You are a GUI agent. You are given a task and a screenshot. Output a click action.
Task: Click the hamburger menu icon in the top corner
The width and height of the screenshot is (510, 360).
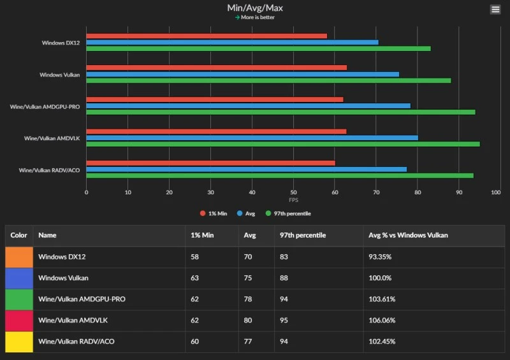(x=495, y=9)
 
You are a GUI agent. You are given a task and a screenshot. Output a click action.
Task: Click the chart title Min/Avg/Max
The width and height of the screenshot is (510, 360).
(x=255, y=8)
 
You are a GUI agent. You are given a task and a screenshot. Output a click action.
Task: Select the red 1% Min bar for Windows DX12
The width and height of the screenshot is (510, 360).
(x=207, y=36)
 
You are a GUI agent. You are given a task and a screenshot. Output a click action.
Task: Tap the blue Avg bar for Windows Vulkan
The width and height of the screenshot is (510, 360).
(x=242, y=74)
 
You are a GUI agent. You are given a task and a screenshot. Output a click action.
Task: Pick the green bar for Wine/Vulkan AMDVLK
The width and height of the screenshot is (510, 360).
(x=283, y=144)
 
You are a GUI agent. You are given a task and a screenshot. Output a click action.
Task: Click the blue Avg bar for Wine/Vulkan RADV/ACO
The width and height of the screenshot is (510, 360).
(x=246, y=169)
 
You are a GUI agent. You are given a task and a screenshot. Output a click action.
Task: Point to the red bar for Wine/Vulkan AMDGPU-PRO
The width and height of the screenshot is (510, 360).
(x=215, y=99)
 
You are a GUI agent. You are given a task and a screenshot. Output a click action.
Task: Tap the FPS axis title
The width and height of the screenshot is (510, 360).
(x=293, y=199)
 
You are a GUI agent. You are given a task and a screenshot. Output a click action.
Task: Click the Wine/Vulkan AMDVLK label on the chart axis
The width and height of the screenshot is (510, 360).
(x=52, y=138)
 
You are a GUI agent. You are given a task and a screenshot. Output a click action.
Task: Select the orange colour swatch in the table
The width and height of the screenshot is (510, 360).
(x=18, y=257)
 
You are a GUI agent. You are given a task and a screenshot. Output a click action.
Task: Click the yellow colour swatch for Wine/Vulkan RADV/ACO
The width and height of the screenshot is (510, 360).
(x=18, y=342)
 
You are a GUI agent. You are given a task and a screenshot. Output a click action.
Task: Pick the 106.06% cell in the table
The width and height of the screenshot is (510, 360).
(x=382, y=320)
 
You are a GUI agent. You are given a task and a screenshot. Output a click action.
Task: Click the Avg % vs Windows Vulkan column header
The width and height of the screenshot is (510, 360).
(x=408, y=235)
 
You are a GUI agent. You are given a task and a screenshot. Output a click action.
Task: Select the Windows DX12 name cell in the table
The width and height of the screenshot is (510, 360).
(x=62, y=257)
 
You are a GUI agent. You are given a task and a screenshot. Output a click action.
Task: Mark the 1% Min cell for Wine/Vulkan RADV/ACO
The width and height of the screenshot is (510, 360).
(x=196, y=342)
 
